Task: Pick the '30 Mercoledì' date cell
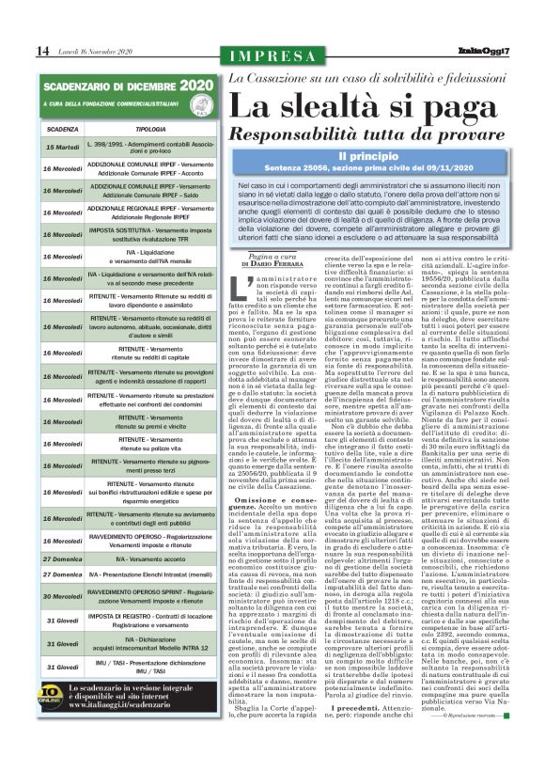pos(62,596)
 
